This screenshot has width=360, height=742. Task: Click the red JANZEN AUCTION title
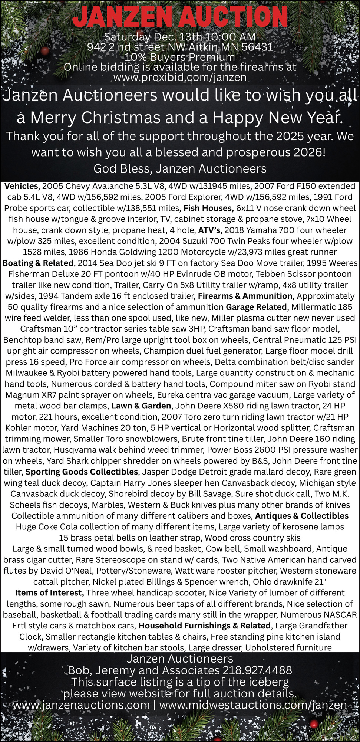[x=180, y=17]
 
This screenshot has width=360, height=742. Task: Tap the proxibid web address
[x=180, y=78]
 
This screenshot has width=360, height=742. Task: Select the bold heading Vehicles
[x=21, y=186]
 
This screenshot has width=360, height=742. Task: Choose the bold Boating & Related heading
[x=38, y=263]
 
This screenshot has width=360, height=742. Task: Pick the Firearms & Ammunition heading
[x=245, y=296]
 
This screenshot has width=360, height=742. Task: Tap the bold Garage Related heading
[x=256, y=307]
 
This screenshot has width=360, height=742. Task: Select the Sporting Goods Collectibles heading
[x=82, y=472]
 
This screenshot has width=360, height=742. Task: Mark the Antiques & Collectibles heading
[x=302, y=516]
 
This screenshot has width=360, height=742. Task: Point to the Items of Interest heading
[x=49, y=593]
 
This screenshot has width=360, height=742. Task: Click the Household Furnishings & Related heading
[x=204, y=626]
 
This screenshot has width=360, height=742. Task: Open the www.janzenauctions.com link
[x=81, y=705]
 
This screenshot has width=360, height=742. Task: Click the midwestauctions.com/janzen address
[x=253, y=705]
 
